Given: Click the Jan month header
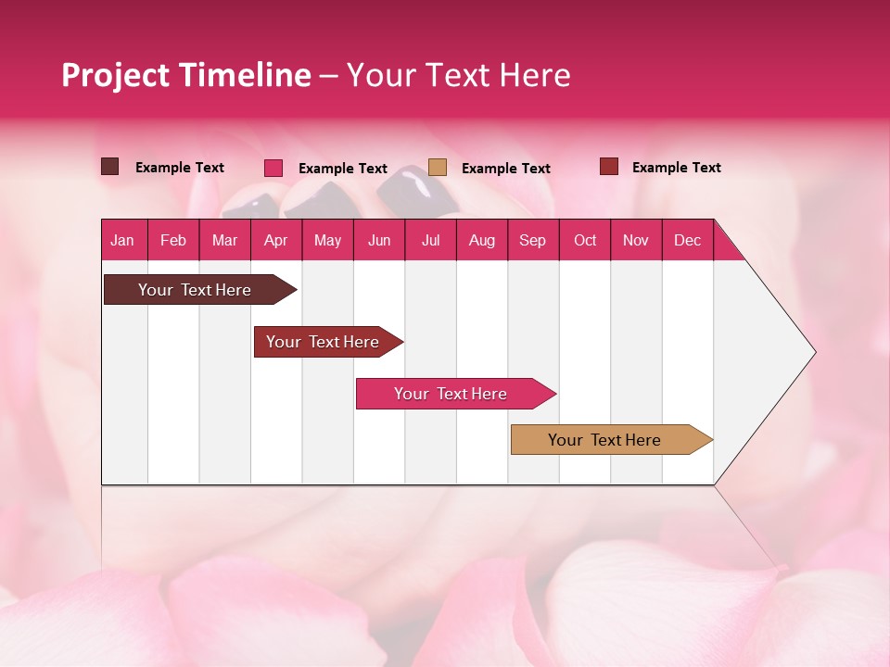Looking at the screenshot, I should click(x=123, y=241).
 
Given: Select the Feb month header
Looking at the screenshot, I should click(x=173, y=241).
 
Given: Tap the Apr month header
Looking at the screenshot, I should click(x=275, y=241).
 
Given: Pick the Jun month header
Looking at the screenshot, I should click(x=379, y=241).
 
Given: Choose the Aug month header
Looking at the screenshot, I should click(x=481, y=241).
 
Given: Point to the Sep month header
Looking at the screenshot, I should click(x=532, y=241).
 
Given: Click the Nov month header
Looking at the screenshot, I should click(x=635, y=241).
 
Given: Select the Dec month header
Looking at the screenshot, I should click(x=687, y=241).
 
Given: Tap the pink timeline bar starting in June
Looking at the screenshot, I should click(x=451, y=394).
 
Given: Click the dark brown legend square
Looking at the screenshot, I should click(x=110, y=167).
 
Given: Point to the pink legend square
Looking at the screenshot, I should click(x=273, y=168).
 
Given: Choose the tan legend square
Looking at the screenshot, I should click(x=438, y=168).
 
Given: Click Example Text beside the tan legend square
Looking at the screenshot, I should click(x=505, y=169).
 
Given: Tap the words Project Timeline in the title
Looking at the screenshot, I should click(x=185, y=75).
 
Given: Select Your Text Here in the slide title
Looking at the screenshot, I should click(x=458, y=75).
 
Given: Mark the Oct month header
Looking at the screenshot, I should click(x=585, y=241).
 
